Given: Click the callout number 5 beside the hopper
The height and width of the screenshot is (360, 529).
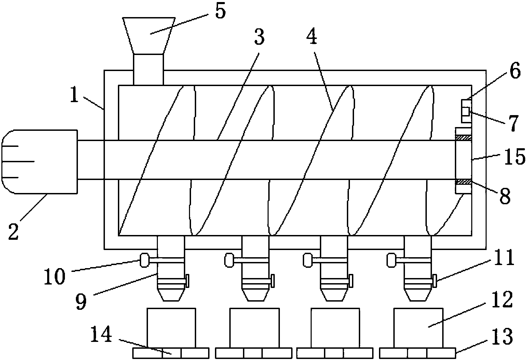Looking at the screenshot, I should (x=219, y=12).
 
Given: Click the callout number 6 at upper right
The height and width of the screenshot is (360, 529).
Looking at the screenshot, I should (x=515, y=71).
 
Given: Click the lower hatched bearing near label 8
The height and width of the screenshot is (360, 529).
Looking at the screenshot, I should (x=464, y=182).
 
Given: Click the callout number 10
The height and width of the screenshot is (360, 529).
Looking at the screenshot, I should (x=55, y=276).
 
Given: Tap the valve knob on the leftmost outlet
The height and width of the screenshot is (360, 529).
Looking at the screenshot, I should (x=144, y=260).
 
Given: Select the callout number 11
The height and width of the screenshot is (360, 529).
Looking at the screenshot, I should (x=505, y=259).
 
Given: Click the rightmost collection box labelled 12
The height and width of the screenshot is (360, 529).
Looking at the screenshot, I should (x=418, y=328).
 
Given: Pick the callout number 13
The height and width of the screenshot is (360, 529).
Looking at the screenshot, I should (x=503, y=336).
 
